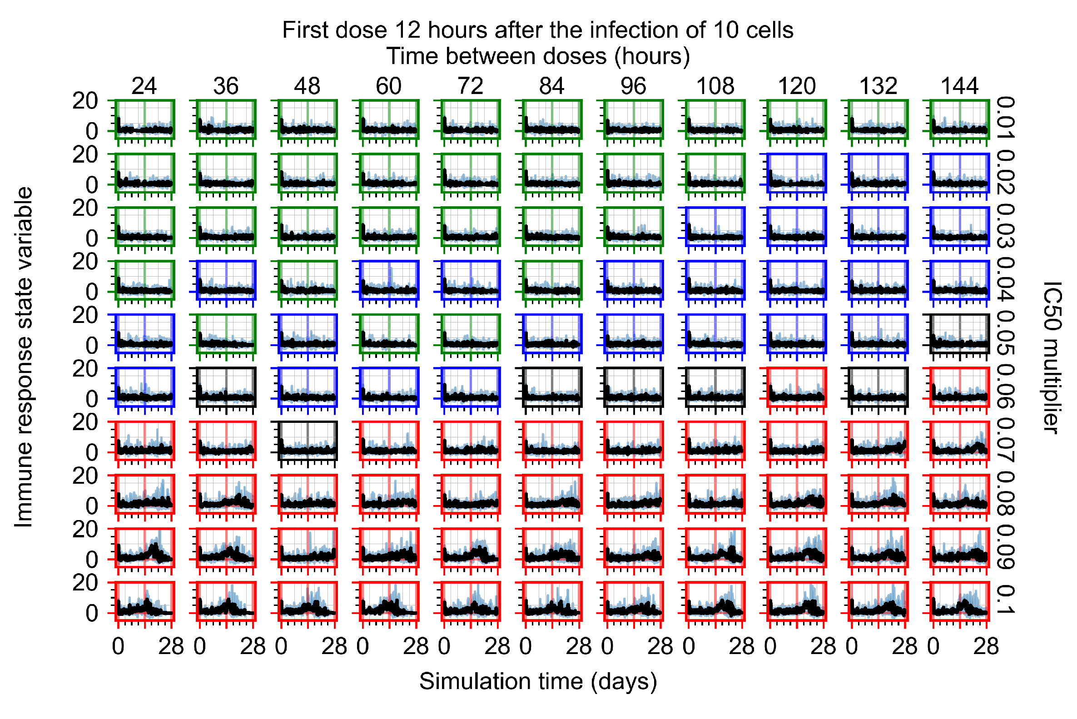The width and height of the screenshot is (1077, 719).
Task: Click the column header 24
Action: [x=144, y=86]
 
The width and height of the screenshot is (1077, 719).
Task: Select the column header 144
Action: [x=959, y=86]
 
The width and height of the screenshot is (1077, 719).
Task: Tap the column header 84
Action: [x=551, y=86]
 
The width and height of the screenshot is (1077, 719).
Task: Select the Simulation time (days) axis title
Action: [x=538, y=681]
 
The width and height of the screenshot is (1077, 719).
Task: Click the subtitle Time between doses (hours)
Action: [x=538, y=56]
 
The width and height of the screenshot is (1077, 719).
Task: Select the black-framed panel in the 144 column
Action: [x=959, y=333]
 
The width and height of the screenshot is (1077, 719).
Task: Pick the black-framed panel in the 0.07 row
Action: [x=308, y=440]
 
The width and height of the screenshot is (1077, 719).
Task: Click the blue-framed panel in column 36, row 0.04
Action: [x=226, y=280]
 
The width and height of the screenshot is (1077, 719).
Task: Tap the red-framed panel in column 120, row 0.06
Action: [x=796, y=387]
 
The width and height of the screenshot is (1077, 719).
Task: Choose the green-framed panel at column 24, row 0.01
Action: [x=144, y=119]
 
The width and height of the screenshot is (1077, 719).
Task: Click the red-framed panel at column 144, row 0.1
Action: [x=959, y=601]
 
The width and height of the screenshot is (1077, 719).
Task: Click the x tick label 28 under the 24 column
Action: [x=170, y=647]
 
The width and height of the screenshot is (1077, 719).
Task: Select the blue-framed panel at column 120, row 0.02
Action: [x=796, y=173]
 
